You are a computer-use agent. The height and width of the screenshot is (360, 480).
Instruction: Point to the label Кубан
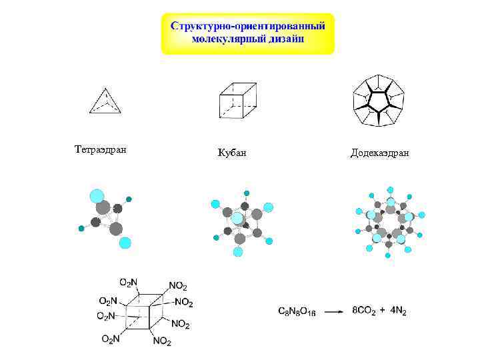click(232, 153)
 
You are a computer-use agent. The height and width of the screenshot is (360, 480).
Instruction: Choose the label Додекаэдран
click(379, 153)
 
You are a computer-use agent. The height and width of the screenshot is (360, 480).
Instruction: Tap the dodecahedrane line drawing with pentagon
click(379, 101)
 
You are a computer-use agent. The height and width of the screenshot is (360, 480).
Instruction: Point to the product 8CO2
click(366, 310)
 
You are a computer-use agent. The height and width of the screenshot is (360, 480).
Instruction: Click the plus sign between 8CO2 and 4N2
click(383, 310)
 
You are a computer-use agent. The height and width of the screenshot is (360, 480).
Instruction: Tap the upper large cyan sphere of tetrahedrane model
click(98, 195)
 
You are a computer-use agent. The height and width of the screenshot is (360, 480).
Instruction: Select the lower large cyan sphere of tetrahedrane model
click(125, 243)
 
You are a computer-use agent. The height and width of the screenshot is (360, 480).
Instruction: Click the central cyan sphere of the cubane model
click(237, 218)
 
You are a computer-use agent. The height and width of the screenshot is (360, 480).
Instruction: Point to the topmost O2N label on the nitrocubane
click(128, 283)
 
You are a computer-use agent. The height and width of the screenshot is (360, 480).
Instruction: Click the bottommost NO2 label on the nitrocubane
click(161, 341)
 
